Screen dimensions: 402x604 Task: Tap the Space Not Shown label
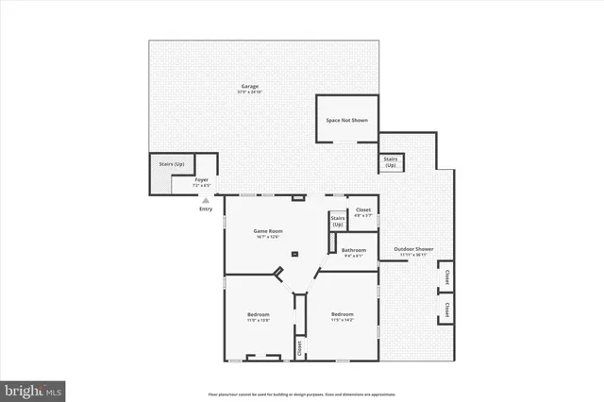point(346,120)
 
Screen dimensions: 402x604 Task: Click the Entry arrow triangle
point(206,200)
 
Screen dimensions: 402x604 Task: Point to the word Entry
point(206,209)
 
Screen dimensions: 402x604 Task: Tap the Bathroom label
point(354,252)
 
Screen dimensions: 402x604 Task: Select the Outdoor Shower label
point(413,252)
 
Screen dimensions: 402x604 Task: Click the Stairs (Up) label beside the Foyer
point(171,164)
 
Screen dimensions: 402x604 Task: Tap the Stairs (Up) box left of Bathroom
point(337,222)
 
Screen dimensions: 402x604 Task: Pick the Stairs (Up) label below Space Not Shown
point(391,162)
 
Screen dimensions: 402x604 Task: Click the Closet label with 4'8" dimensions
point(362,212)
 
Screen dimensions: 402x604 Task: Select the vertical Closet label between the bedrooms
point(299,346)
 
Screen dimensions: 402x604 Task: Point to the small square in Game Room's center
point(295,255)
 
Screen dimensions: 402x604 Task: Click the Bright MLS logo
point(33,389)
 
